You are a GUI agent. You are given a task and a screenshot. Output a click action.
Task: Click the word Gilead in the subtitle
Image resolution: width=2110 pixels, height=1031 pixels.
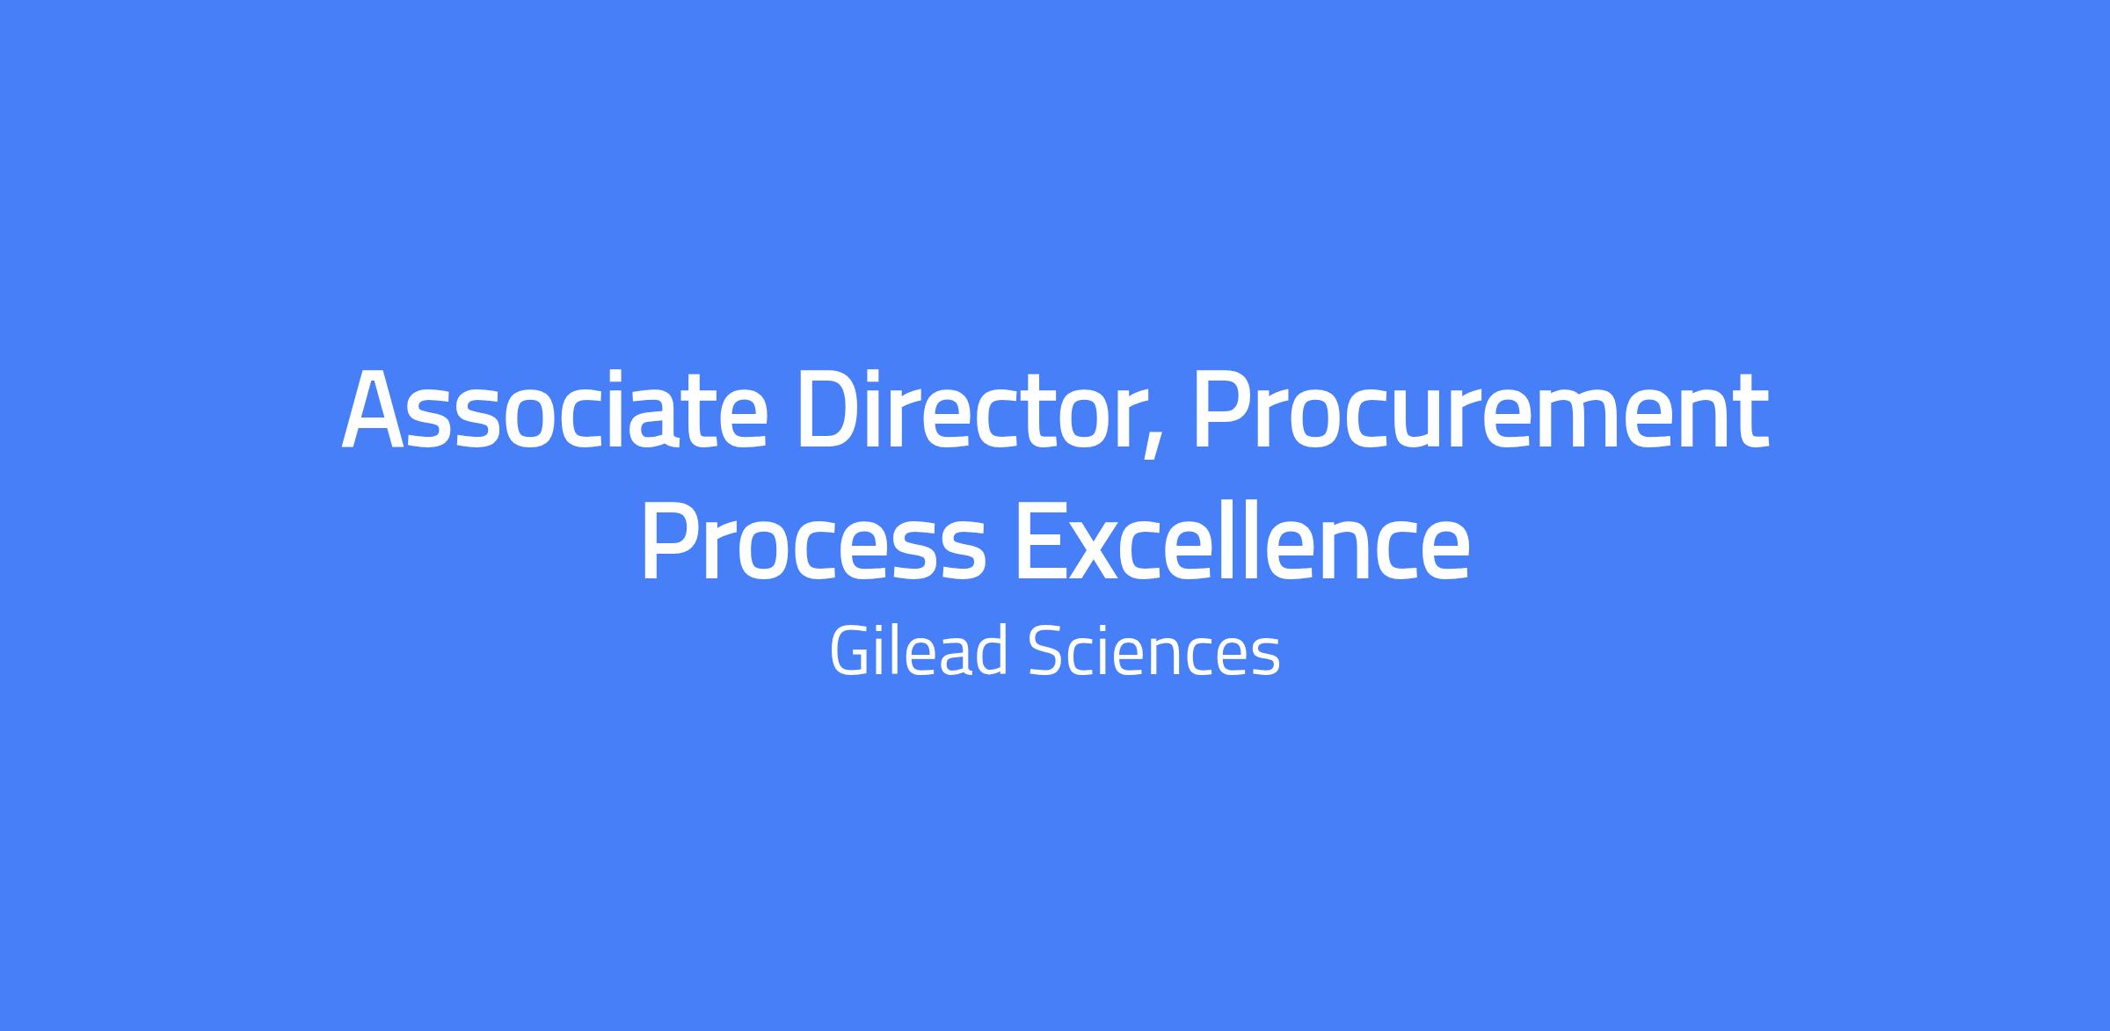click(918, 650)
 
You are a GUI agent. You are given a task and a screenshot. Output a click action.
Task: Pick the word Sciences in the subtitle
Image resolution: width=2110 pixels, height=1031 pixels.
click(1153, 651)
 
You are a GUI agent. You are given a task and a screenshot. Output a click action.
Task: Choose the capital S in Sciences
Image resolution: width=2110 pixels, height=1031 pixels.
click(1045, 651)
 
